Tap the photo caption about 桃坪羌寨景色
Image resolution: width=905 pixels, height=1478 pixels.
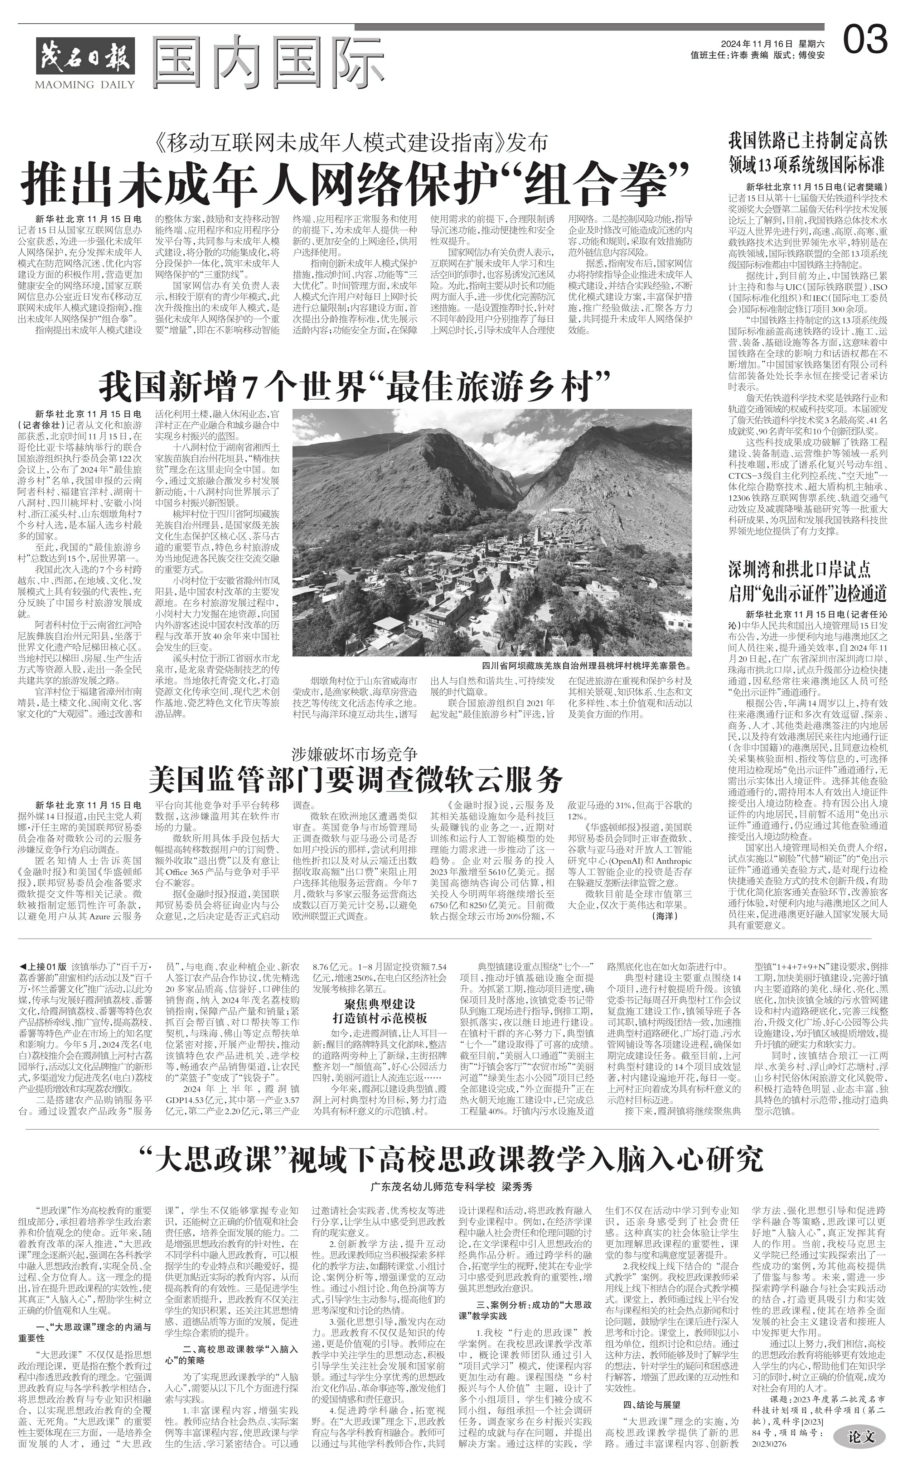pos(586,666)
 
